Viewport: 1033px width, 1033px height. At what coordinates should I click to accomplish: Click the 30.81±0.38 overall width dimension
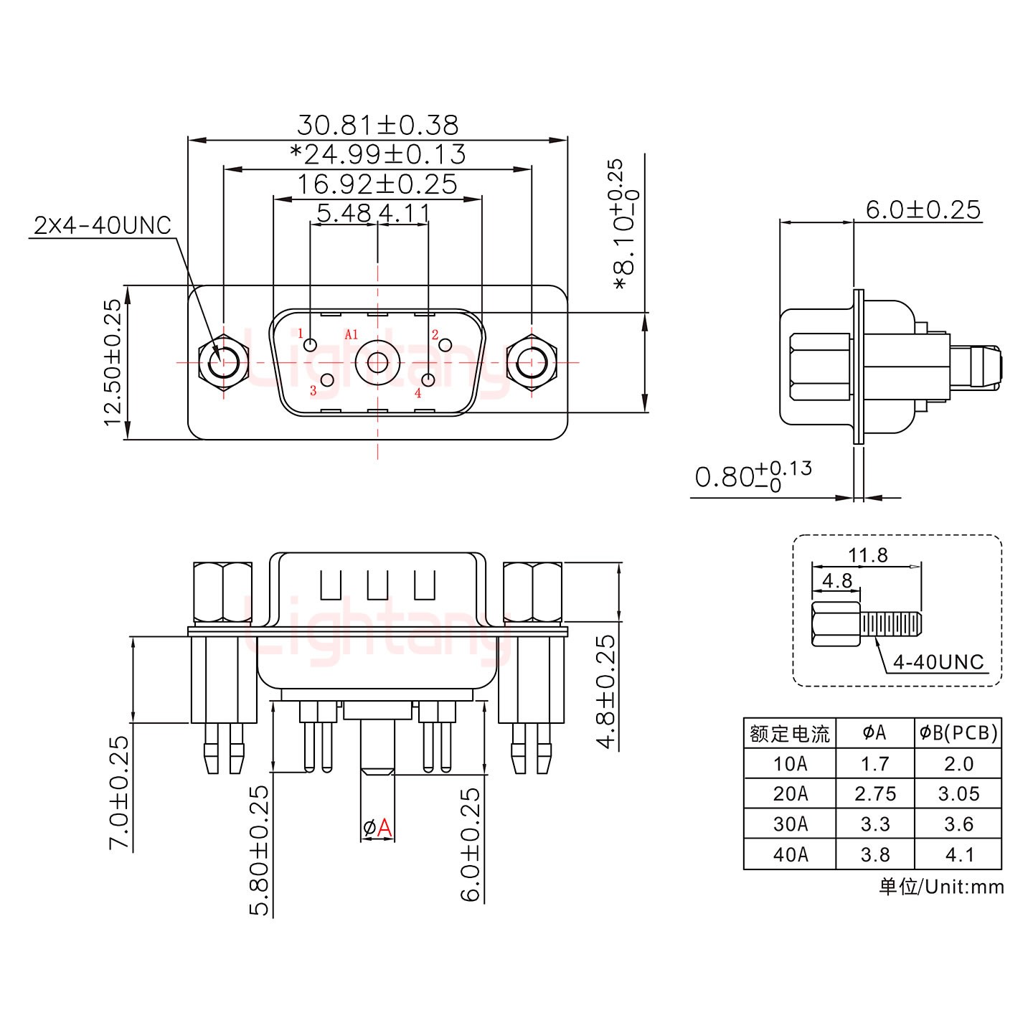point(377,125)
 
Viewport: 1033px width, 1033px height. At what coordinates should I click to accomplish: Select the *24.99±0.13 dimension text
point(377,154)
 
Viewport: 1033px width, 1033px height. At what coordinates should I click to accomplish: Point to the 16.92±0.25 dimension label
point(377,184)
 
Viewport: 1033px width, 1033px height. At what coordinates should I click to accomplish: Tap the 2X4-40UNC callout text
point(103,226)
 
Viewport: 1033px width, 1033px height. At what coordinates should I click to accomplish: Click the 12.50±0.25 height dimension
point(113,362)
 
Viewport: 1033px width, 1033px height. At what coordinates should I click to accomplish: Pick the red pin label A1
point(351,334)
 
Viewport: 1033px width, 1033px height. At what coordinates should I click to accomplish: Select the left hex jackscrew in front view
point(223,363)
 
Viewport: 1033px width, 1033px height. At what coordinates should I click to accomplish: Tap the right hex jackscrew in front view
point(532,363)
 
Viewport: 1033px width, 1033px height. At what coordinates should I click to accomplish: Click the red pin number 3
point(313,392)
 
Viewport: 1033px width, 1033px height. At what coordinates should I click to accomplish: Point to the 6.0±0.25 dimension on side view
point(923,209)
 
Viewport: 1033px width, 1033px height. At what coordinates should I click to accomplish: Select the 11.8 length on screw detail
point(867,555)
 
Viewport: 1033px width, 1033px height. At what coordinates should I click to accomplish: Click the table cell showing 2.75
point(875,793)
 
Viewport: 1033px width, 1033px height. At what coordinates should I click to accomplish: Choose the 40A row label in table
point(790,854)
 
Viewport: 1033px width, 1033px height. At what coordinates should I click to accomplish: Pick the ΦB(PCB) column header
point(958,732)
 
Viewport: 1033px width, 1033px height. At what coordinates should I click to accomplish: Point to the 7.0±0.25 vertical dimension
point(119,793)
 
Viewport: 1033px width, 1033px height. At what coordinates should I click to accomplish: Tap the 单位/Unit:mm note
point(941,887)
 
